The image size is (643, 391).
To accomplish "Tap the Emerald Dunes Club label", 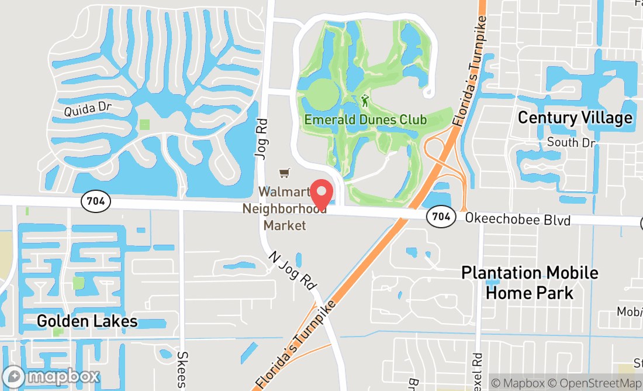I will (x=365, y=119).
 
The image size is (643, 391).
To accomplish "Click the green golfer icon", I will (x=365, y=101).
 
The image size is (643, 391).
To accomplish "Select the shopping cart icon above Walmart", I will (x=284, y=173).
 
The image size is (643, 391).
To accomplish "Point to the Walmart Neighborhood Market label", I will (x=284, y=208).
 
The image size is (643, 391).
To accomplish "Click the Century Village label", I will (x=575, y=118).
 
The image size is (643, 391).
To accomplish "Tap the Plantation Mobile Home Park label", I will (x=530, y=282).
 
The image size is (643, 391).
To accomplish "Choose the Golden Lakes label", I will (x=87, y=321).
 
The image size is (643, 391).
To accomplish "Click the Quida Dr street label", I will (x=87, y=108).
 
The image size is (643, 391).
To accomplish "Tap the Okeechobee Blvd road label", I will (x=518, y=219).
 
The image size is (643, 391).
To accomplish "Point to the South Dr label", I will (x=571, y=142).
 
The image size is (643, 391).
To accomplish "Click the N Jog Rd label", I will (x=293, y=270).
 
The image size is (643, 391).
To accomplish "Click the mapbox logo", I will (x=51, y=376).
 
